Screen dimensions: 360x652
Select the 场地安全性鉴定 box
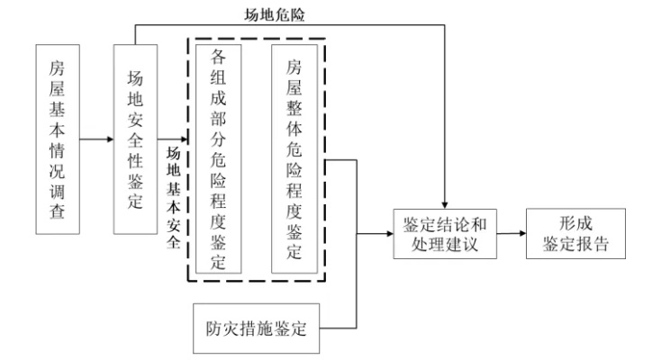pyautogui.click(x=136, y=140)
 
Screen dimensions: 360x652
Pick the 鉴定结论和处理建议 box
pyautogui.click(x=445, y=232)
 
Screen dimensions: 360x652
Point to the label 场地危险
pyautogui.click(x=272, y=13)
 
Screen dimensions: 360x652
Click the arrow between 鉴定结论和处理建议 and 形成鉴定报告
pyautogui.click(x=512, y=232)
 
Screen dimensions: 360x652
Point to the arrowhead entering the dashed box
pyautogui.click(x=184, y=140)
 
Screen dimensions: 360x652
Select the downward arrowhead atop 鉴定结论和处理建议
pyautogui.click(x=446, y=202)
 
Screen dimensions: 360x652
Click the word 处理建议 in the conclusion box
pyautogui.click(x=445, y=243)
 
